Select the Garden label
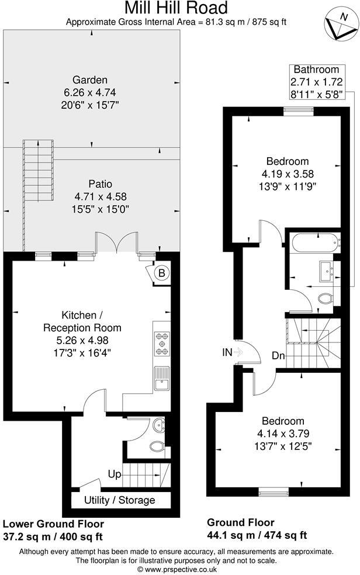(89, 79)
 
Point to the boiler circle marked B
(162, 272)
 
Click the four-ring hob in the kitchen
(162, 344)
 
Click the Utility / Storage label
(119, 500)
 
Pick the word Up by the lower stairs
(115, 474)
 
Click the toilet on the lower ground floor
(157, 448)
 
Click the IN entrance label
(228, 352)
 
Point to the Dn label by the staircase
(278, 355)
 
